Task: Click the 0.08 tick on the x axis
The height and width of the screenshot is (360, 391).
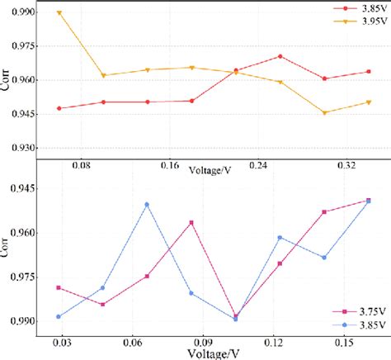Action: point(81,166)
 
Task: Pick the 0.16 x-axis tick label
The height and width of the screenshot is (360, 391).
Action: point(170,166)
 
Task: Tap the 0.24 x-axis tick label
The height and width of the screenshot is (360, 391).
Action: point(259,166)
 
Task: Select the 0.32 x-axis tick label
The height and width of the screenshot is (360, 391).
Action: point(347,166)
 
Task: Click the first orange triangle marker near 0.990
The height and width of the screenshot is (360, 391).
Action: point(59,13)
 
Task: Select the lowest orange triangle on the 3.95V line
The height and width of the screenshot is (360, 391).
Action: point(324,113)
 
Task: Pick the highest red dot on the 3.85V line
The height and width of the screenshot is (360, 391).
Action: point(280,56)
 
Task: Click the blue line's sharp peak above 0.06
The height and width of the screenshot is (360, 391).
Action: point(147,204)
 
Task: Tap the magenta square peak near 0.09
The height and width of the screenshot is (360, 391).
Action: point(191,223)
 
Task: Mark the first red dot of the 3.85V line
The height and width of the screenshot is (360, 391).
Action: point(59,108)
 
